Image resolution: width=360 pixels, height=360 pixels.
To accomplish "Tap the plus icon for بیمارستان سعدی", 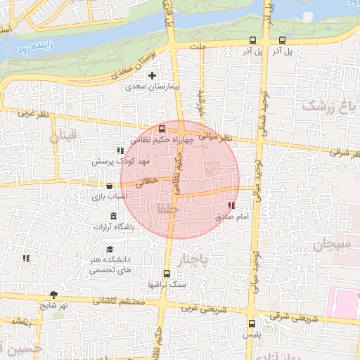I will (152, 75).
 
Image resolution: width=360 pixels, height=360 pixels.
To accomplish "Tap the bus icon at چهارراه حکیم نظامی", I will (162, 129).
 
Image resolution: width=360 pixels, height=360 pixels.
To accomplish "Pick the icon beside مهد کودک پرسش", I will (120, 150).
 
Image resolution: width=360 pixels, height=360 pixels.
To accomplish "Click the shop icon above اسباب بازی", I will (108, 186).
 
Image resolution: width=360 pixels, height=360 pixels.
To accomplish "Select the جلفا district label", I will (170, 209).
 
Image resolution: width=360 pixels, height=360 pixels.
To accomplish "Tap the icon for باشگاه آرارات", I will (114, 214).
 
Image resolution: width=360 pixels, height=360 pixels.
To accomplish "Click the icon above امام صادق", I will (231, 205).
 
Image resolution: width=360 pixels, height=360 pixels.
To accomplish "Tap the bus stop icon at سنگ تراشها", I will (167, 274).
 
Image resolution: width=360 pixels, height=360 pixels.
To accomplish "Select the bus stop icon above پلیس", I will (252, 323).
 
